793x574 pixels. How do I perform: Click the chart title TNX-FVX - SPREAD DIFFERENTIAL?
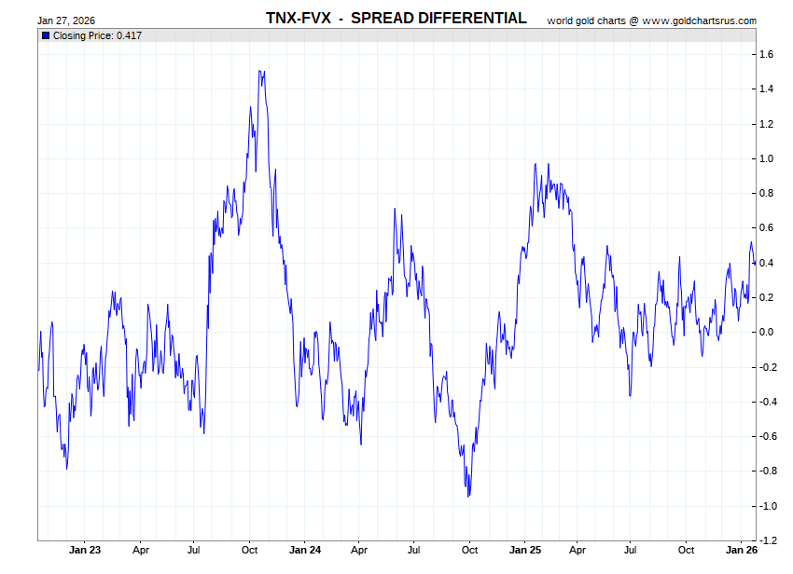tap(396, 19)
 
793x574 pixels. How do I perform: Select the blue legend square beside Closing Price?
tap(45, 35)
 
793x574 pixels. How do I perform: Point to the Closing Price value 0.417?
tap(129, 35)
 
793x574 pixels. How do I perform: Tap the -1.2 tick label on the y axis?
tap(768, 540)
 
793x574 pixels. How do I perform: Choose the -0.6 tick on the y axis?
tap(768, 436)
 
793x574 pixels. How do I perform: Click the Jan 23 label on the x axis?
tap(85, 550)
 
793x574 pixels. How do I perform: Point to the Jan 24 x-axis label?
tap(305, 550)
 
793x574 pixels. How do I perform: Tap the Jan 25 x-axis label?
tap(525, 550)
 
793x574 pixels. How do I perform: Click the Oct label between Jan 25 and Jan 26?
tap(686, 550)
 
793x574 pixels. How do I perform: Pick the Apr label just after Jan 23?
tap(141, 550)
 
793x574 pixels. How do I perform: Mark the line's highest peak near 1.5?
tap(261, 71)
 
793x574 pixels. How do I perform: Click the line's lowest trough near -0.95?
tap(468, 496)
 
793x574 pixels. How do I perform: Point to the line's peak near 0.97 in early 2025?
tap(536, 164)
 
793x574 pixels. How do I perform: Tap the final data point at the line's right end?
tap(754, 260)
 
